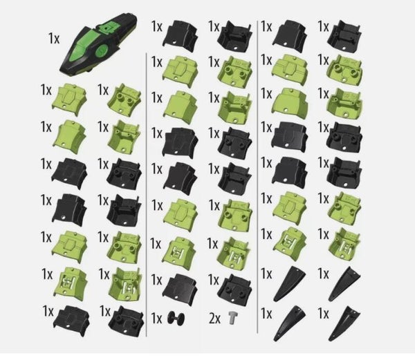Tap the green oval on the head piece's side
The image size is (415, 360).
102,50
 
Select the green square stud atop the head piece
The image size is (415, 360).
107,27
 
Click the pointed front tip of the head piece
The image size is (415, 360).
62,73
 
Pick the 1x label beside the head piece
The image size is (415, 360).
54,38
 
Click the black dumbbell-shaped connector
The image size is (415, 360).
176,317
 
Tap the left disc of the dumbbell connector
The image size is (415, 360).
171,317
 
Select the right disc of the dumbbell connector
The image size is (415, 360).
182,318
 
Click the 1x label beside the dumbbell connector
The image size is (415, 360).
156,319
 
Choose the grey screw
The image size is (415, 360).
232,317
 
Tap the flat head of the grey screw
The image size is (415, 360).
232,314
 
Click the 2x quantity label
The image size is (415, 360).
214,319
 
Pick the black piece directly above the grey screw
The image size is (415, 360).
234,288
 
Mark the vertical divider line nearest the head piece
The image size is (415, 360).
147,195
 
